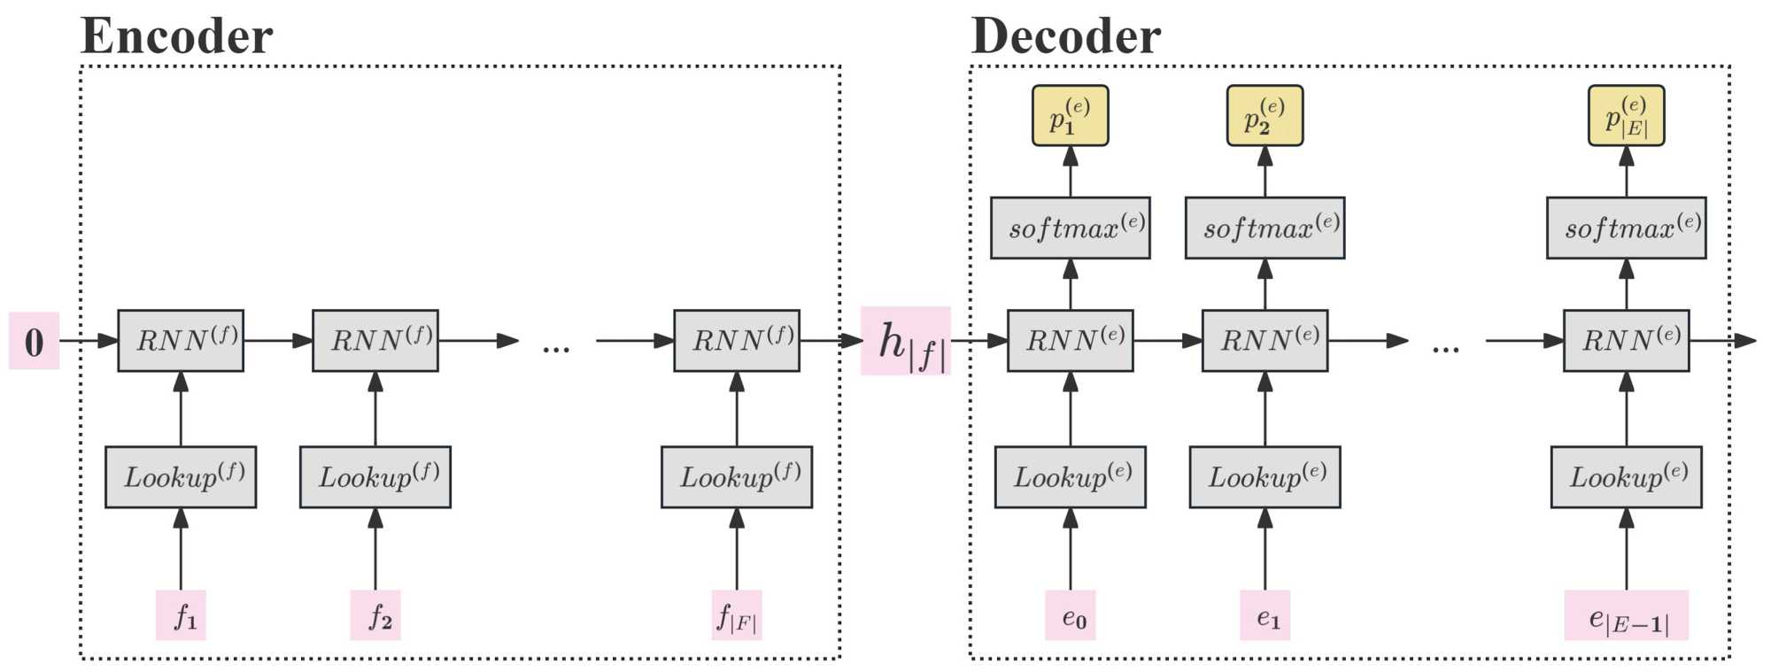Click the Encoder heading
[x=176, y=36]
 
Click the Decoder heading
[x=1065, y=36]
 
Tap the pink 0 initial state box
[x=34, y=341]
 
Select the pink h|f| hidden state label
[x=906, y=342]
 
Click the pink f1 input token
[x=181, y=614]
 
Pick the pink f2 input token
[x=375, y=614]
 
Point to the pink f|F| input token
[x=737, y=614]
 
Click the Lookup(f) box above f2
[x=375, y=477]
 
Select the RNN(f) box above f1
[x=181, y=341]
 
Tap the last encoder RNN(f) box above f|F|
[x=737, y=341]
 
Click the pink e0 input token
[x=1071, y=614]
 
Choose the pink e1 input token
[x=1264, y=614]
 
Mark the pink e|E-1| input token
[x=1626, y=615]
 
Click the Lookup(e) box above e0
[x=1071, y=477]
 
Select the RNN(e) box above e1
[x=1264, y=341]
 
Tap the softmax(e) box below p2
[x=1264, y=228]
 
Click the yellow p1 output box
[x=1071, y=116]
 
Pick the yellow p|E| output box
[x=1626, y=116]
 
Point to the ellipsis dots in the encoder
[x=556, y=349]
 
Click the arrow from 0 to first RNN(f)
[x=89, y=341]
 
